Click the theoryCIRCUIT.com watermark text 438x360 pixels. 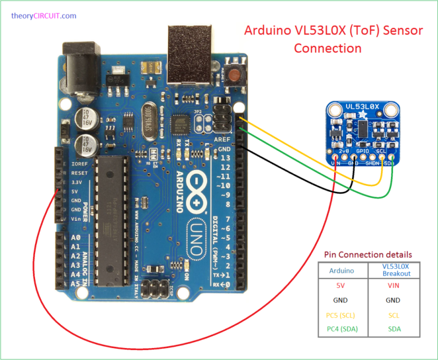point(43,16)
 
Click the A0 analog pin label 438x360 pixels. point(75,238)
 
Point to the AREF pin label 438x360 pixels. point(224,140)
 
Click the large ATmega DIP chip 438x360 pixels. point(112,220)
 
